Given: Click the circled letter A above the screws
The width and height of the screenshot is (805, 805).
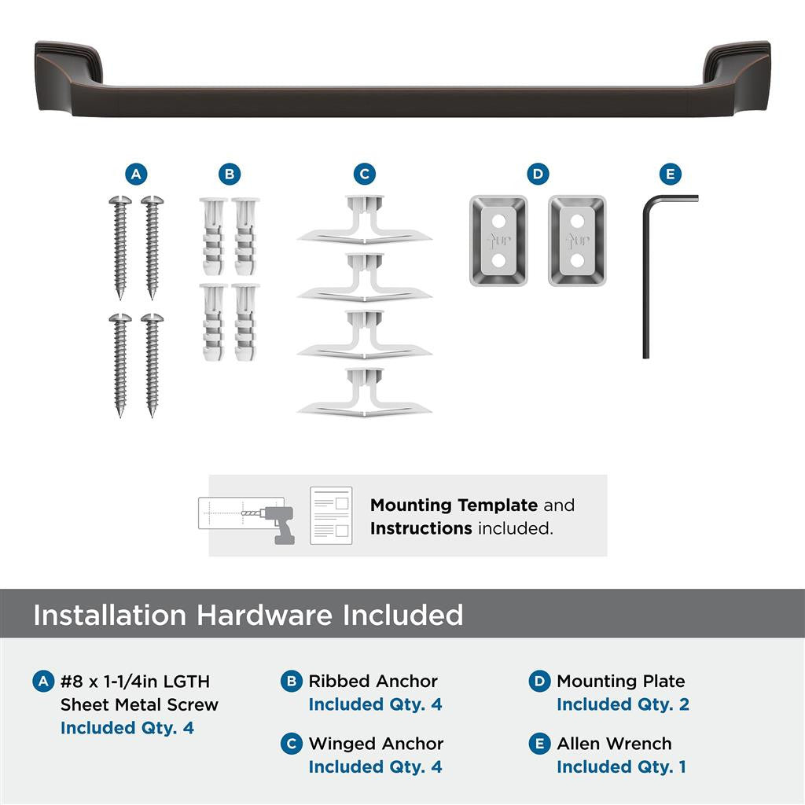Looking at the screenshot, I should coord(136,175).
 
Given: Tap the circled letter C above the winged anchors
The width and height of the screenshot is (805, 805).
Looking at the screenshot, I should coord(364,175).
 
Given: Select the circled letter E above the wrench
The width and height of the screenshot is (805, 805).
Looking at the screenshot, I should coord(669,175).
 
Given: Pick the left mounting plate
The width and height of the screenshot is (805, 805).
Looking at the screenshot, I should coord(498,241).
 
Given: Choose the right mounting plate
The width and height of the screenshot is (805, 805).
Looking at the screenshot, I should coord(577,241).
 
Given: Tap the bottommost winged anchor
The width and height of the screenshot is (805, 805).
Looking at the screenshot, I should coord(364,394).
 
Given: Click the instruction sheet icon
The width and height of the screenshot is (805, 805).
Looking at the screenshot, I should coord(330,515).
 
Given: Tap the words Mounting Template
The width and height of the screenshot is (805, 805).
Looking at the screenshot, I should coord(454,505).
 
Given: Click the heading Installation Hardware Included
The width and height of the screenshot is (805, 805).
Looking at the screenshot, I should coord(248,615).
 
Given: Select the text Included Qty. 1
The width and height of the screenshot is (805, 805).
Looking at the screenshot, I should coord(621,766).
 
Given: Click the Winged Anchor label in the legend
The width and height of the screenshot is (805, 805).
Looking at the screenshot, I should coord(376,744).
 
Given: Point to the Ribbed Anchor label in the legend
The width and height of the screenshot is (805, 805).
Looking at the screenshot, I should coord(373,682).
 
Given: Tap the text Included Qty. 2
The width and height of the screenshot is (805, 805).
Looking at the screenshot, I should coord(623,704).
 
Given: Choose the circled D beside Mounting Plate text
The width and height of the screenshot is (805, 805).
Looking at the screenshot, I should coord(539,682).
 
